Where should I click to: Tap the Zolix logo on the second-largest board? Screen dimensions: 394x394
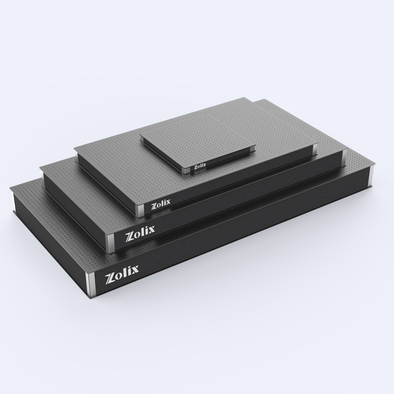coord(140,232)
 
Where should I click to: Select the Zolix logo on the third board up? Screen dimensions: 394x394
coord(161,204)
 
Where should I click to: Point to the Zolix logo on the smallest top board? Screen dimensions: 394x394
coord(200,166)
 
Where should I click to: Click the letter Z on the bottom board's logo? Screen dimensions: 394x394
coord(110,277)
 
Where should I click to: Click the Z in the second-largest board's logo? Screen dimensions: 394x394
coord(130,235)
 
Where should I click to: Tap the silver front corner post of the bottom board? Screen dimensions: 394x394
coord(90,284)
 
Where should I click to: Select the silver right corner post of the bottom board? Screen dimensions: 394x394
coord(371,175)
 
